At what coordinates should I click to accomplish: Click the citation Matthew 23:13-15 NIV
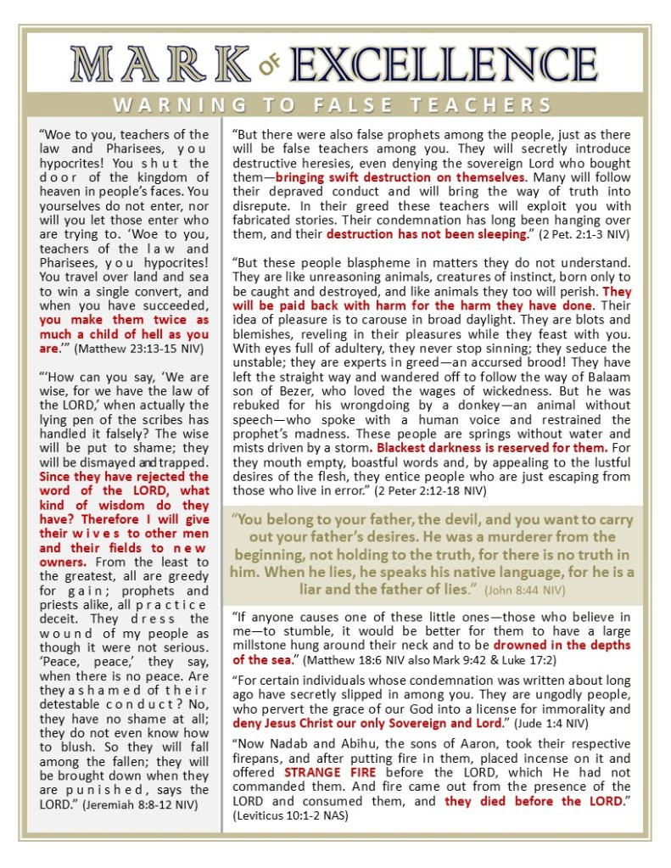coord(128,348)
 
